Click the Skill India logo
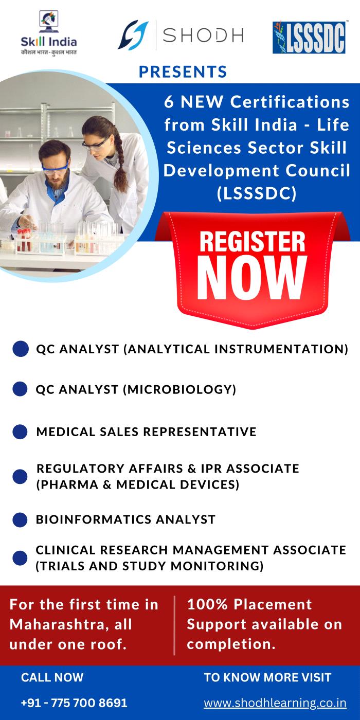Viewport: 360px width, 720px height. [x=48, y=33]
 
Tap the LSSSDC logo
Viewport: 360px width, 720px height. [x=309, y=37]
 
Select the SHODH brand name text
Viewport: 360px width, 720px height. [x=203, y=35]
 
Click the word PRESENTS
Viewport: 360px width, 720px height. [x=183, y=71]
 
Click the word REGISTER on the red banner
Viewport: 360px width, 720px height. [x=252, y=242]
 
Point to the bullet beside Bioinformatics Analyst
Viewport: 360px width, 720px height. [x=20, y=520]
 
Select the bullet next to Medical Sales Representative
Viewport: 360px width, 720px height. [x=20, y=431]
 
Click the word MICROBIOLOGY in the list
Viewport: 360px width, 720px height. [x=179, y=390]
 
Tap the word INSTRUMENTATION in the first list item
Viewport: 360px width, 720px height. [x=281, y=349]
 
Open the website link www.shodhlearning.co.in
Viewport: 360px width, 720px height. [x=275, y=703]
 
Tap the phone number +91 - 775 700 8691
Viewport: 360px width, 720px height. [x=74, y=703]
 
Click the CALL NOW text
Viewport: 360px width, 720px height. [x=52, y=678]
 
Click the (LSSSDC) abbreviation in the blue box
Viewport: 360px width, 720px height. [x=257, y=193]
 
